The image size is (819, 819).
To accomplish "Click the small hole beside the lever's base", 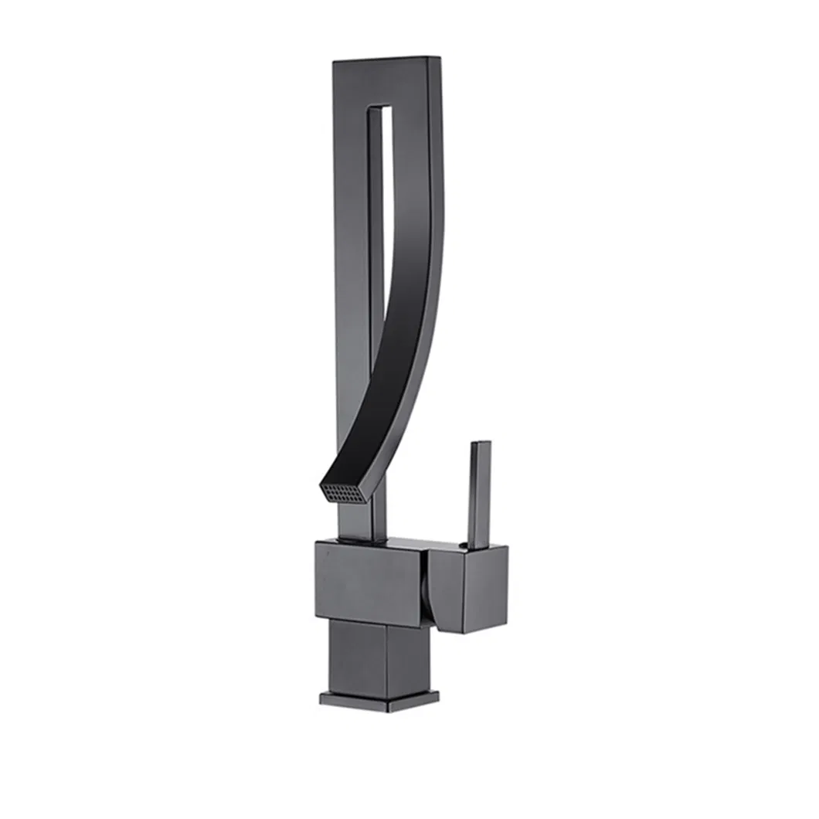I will point(462,546).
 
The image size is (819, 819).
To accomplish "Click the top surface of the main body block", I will point(386,541).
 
